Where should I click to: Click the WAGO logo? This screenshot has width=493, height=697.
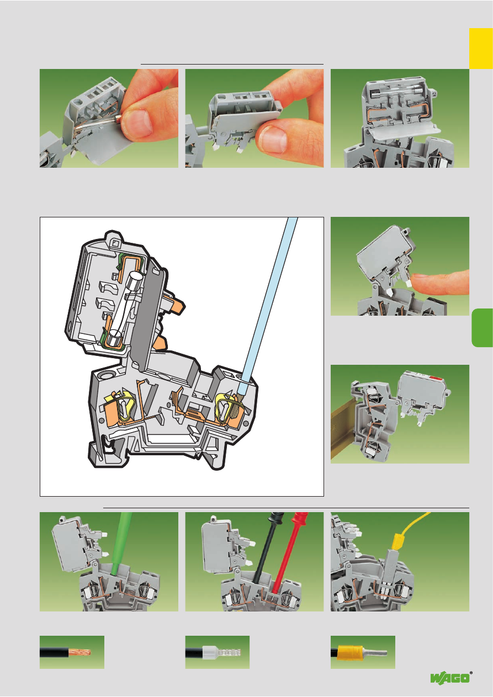[x=451, y=677]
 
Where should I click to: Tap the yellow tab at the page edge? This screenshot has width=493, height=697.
[x=481, y=48]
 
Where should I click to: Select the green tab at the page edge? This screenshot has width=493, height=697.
[x=483, y=328]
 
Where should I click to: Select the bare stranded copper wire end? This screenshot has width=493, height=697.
[x=79, y=652]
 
